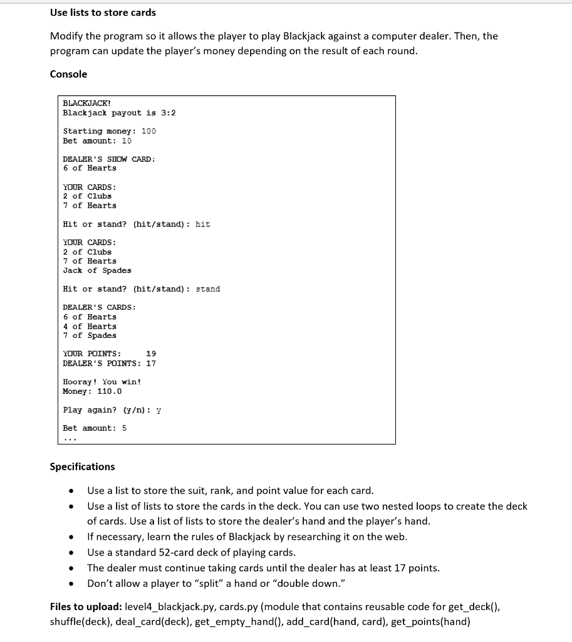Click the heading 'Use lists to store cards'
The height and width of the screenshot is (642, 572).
tap(103, 13)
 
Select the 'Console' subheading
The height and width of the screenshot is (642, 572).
tap(68, 74)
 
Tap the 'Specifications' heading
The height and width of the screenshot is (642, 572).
tap(82, 466)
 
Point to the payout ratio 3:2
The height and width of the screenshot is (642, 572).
tap(169, 113)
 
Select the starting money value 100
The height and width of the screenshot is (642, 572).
tap(148, 131)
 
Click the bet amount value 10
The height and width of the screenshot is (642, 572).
tap(127, 140)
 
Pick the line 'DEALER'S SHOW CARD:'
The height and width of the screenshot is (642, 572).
tap(109, 159)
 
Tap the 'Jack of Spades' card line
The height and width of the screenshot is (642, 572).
tap(97, 270)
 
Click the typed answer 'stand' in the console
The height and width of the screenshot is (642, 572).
tap(208, 289)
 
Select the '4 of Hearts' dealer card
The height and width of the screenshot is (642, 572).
tap(90, 326)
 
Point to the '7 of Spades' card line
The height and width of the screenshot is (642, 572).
tap(90, 335)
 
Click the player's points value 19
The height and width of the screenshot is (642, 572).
tap(151, 354)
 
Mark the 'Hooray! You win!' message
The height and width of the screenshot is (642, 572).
tap(101, 382)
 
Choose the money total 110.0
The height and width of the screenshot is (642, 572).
tap(110, 391)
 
